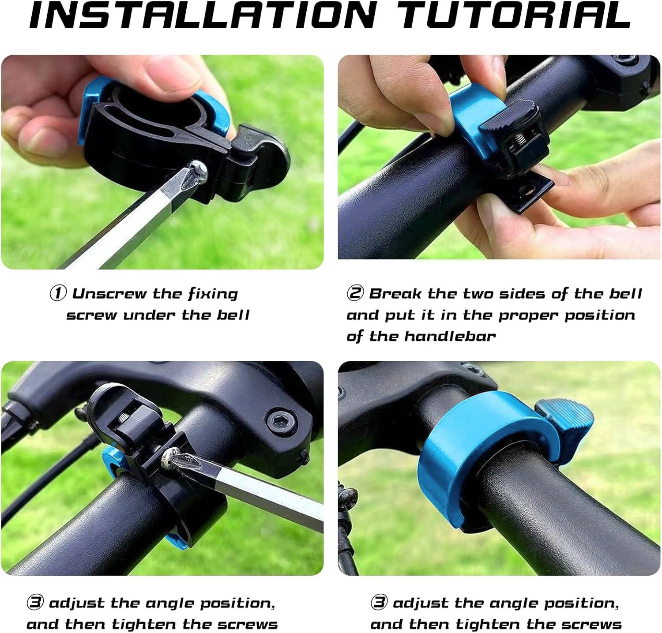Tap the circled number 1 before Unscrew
coord(58,293)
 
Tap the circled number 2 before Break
coord(355,293)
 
